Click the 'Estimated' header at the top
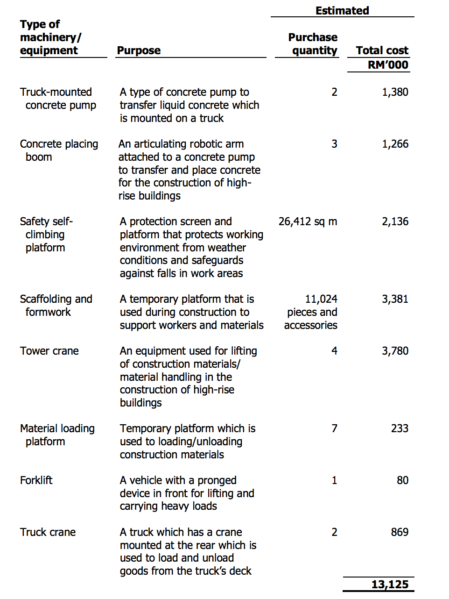[342, 10]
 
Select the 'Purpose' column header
[139, 50]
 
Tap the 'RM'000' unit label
[388, 65]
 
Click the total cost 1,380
[395, 92]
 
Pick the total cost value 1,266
[395, 144]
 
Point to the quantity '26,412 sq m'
[308, 221]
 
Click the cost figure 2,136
[395, 221]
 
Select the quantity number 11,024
[321, 299]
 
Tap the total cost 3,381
[395, 299]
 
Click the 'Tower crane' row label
[49, 351]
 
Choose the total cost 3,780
[395, 351]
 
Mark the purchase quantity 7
[334, 428]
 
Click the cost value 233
[400, 428]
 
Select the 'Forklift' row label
[36, 480]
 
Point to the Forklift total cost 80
[402, 480]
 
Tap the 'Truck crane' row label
[48, 532]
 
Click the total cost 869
[400, 532]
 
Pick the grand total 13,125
[390, 585]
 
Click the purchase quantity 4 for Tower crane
[334, 351]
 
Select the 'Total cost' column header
[382, 50]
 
